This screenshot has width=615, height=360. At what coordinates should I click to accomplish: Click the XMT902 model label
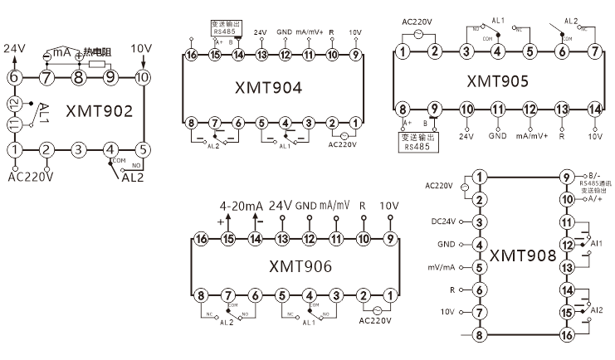98,111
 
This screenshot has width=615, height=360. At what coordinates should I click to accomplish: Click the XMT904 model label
270,88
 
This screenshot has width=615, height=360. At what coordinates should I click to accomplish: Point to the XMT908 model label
523,255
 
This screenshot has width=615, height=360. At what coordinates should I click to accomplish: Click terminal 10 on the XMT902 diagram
142,78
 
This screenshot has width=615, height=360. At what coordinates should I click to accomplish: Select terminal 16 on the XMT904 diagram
192,55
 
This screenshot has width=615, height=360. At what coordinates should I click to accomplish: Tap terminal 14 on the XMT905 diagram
593,109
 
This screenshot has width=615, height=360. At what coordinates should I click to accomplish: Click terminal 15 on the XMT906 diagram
228,239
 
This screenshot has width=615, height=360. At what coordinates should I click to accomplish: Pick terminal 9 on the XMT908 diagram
567,178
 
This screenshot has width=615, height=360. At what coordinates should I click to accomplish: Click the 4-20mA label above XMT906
241,206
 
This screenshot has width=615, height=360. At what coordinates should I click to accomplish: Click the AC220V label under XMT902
31,176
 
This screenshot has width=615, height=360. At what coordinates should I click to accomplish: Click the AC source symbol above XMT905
419,35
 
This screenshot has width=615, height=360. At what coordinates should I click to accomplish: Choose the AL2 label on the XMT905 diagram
571,21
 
